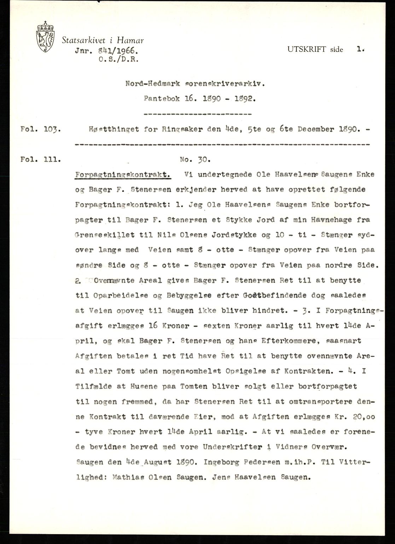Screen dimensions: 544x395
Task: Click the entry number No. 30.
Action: (x=195, y=159)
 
